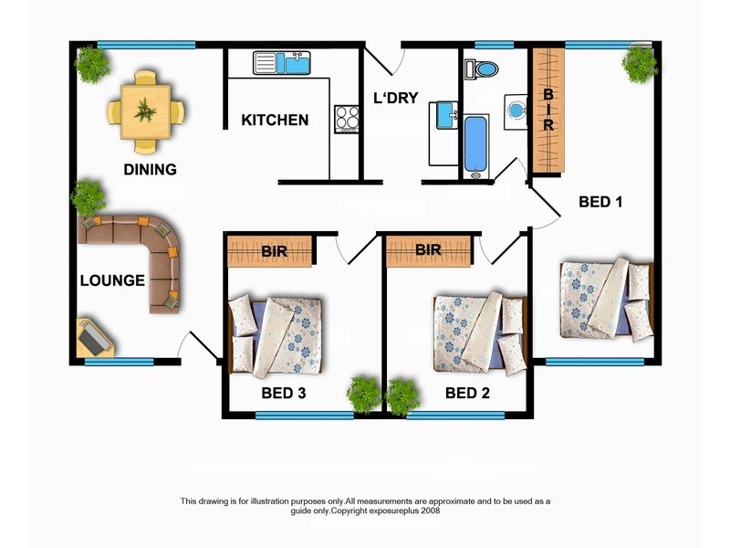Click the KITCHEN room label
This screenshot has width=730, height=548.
[x=275, y=120]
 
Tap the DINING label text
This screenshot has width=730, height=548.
[x=150, y=169]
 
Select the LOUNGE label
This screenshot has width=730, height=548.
[x=112, y=280]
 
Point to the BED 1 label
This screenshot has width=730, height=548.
[x=600, y=202]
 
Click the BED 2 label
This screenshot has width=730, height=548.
[x=468, y=394]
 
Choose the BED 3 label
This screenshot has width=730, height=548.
[x=283, y=394]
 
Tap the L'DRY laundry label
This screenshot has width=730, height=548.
[x=396, y=99]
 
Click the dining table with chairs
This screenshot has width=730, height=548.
[x=144, y=112]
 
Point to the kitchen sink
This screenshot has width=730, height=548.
[x=282, y=63]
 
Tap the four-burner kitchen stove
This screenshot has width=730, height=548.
[x=347, y=119]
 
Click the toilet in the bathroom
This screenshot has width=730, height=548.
[x=481, y=69]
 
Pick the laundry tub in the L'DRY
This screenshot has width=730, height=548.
[x=446, y=116]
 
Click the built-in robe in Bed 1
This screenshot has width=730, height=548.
[x=548, y=110]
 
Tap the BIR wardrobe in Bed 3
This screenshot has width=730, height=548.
[x=270, y=249]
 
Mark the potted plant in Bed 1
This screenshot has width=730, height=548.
[x=640, y=63]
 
